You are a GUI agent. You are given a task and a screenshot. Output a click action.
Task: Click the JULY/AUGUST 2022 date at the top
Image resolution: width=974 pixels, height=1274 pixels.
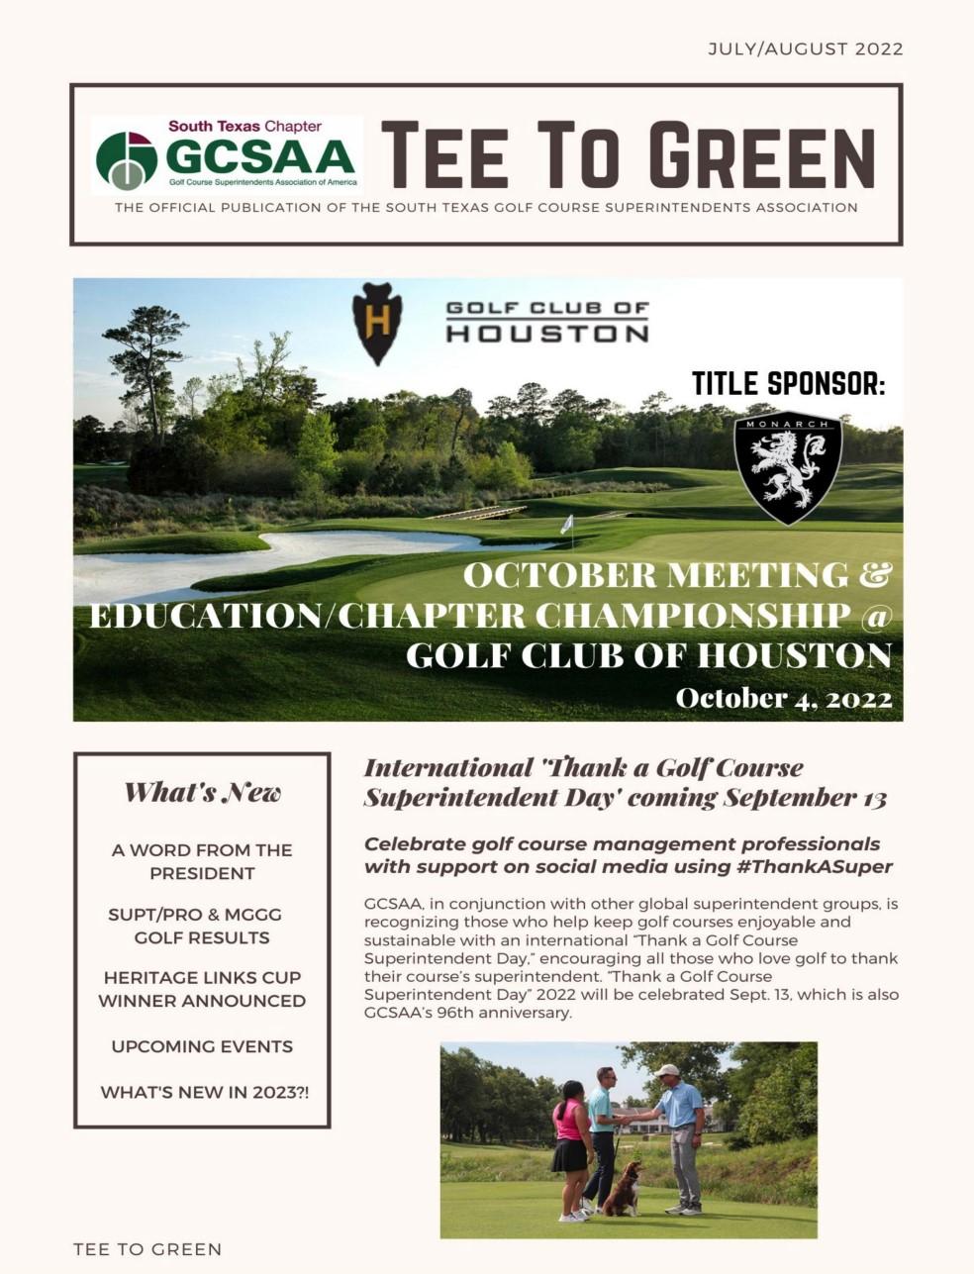point(805,49)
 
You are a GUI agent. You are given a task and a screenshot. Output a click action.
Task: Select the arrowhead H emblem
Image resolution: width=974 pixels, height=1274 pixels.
point(376,323)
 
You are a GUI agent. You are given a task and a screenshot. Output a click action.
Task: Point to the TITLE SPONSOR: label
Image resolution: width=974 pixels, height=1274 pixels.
point(788,383)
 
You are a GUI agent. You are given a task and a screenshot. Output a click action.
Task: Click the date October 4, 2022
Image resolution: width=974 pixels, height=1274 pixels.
point(783,698)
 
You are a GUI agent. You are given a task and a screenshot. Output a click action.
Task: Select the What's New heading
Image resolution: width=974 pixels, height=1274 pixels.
point(202,792)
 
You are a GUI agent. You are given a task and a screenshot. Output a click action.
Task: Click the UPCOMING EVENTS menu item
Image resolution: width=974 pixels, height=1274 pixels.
point(202,1046)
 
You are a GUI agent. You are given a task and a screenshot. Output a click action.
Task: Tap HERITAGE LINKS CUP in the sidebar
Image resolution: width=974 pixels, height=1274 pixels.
point(202,977)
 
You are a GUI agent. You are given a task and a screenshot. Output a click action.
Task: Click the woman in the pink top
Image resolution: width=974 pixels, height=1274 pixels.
point(571,1148)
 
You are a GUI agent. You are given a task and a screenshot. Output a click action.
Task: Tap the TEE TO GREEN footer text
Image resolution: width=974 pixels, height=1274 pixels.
point(147,1249)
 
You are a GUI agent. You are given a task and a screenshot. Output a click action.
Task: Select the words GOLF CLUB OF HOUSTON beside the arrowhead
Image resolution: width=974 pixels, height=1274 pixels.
point(547,321)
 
